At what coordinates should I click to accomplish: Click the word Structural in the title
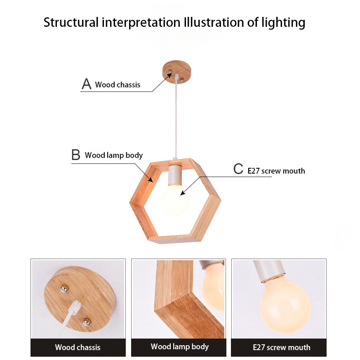click(71, 23)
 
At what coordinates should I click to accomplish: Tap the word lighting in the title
click(283, 23)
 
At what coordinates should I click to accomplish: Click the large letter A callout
click(87, 84)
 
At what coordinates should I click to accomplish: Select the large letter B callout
click(76, 155)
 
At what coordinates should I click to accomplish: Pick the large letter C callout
click(238, 169)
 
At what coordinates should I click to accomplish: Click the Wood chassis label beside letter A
click(118, 85)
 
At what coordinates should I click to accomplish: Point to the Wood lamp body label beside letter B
click(114, 155)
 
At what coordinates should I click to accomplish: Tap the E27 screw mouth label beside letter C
click(276, 171)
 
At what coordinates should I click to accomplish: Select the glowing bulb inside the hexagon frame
click(175, 200)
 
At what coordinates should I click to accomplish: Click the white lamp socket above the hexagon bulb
click(175, 175)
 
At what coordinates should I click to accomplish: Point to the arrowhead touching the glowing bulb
click(183, 193)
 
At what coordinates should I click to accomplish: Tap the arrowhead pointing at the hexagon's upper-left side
click(151, 179)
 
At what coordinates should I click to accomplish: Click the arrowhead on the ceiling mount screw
click(169, 75)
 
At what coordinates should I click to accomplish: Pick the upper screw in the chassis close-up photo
click(64, 289)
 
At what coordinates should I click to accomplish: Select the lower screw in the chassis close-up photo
click(86, 322)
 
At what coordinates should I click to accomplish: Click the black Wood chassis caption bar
click(78, 347)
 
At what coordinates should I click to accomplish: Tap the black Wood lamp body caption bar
click(179, 347)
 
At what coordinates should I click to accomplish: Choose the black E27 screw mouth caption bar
click(279, 347)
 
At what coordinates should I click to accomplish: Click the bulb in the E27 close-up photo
click(285, 304)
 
